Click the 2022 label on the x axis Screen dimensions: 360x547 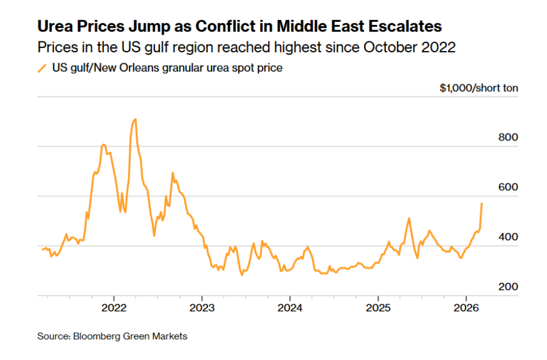(114, 308)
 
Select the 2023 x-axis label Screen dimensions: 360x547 (202, 308)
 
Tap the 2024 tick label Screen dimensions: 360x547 (289, 308)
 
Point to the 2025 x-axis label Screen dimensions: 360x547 (377, 308)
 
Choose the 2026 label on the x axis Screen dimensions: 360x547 (466, 308)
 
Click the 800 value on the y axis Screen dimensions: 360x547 (507, 137)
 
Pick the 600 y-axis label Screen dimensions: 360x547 (507, 187)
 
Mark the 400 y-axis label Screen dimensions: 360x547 (507, 237)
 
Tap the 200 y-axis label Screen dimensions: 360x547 (507, 287)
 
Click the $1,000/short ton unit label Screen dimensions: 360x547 (479, 88)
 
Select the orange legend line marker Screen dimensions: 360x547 (42, 68)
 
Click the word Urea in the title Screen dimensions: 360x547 (55, 27)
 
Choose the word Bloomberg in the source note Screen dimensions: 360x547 (95, 336)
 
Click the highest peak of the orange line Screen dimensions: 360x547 (135, 119)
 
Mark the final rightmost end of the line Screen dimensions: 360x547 (482, 203)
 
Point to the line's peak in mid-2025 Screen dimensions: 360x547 (409, 218)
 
